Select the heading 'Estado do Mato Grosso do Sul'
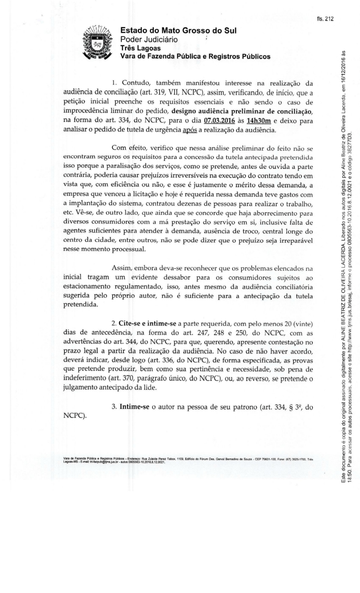pos(178,30)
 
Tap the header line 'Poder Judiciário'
pos(149,39)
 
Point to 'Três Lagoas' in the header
pos(140,48)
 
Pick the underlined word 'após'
pos(189,131)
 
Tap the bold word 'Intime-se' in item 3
pos(135,407)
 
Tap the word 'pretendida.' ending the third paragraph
pos(81,305)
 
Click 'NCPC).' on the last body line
pos(75,416)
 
